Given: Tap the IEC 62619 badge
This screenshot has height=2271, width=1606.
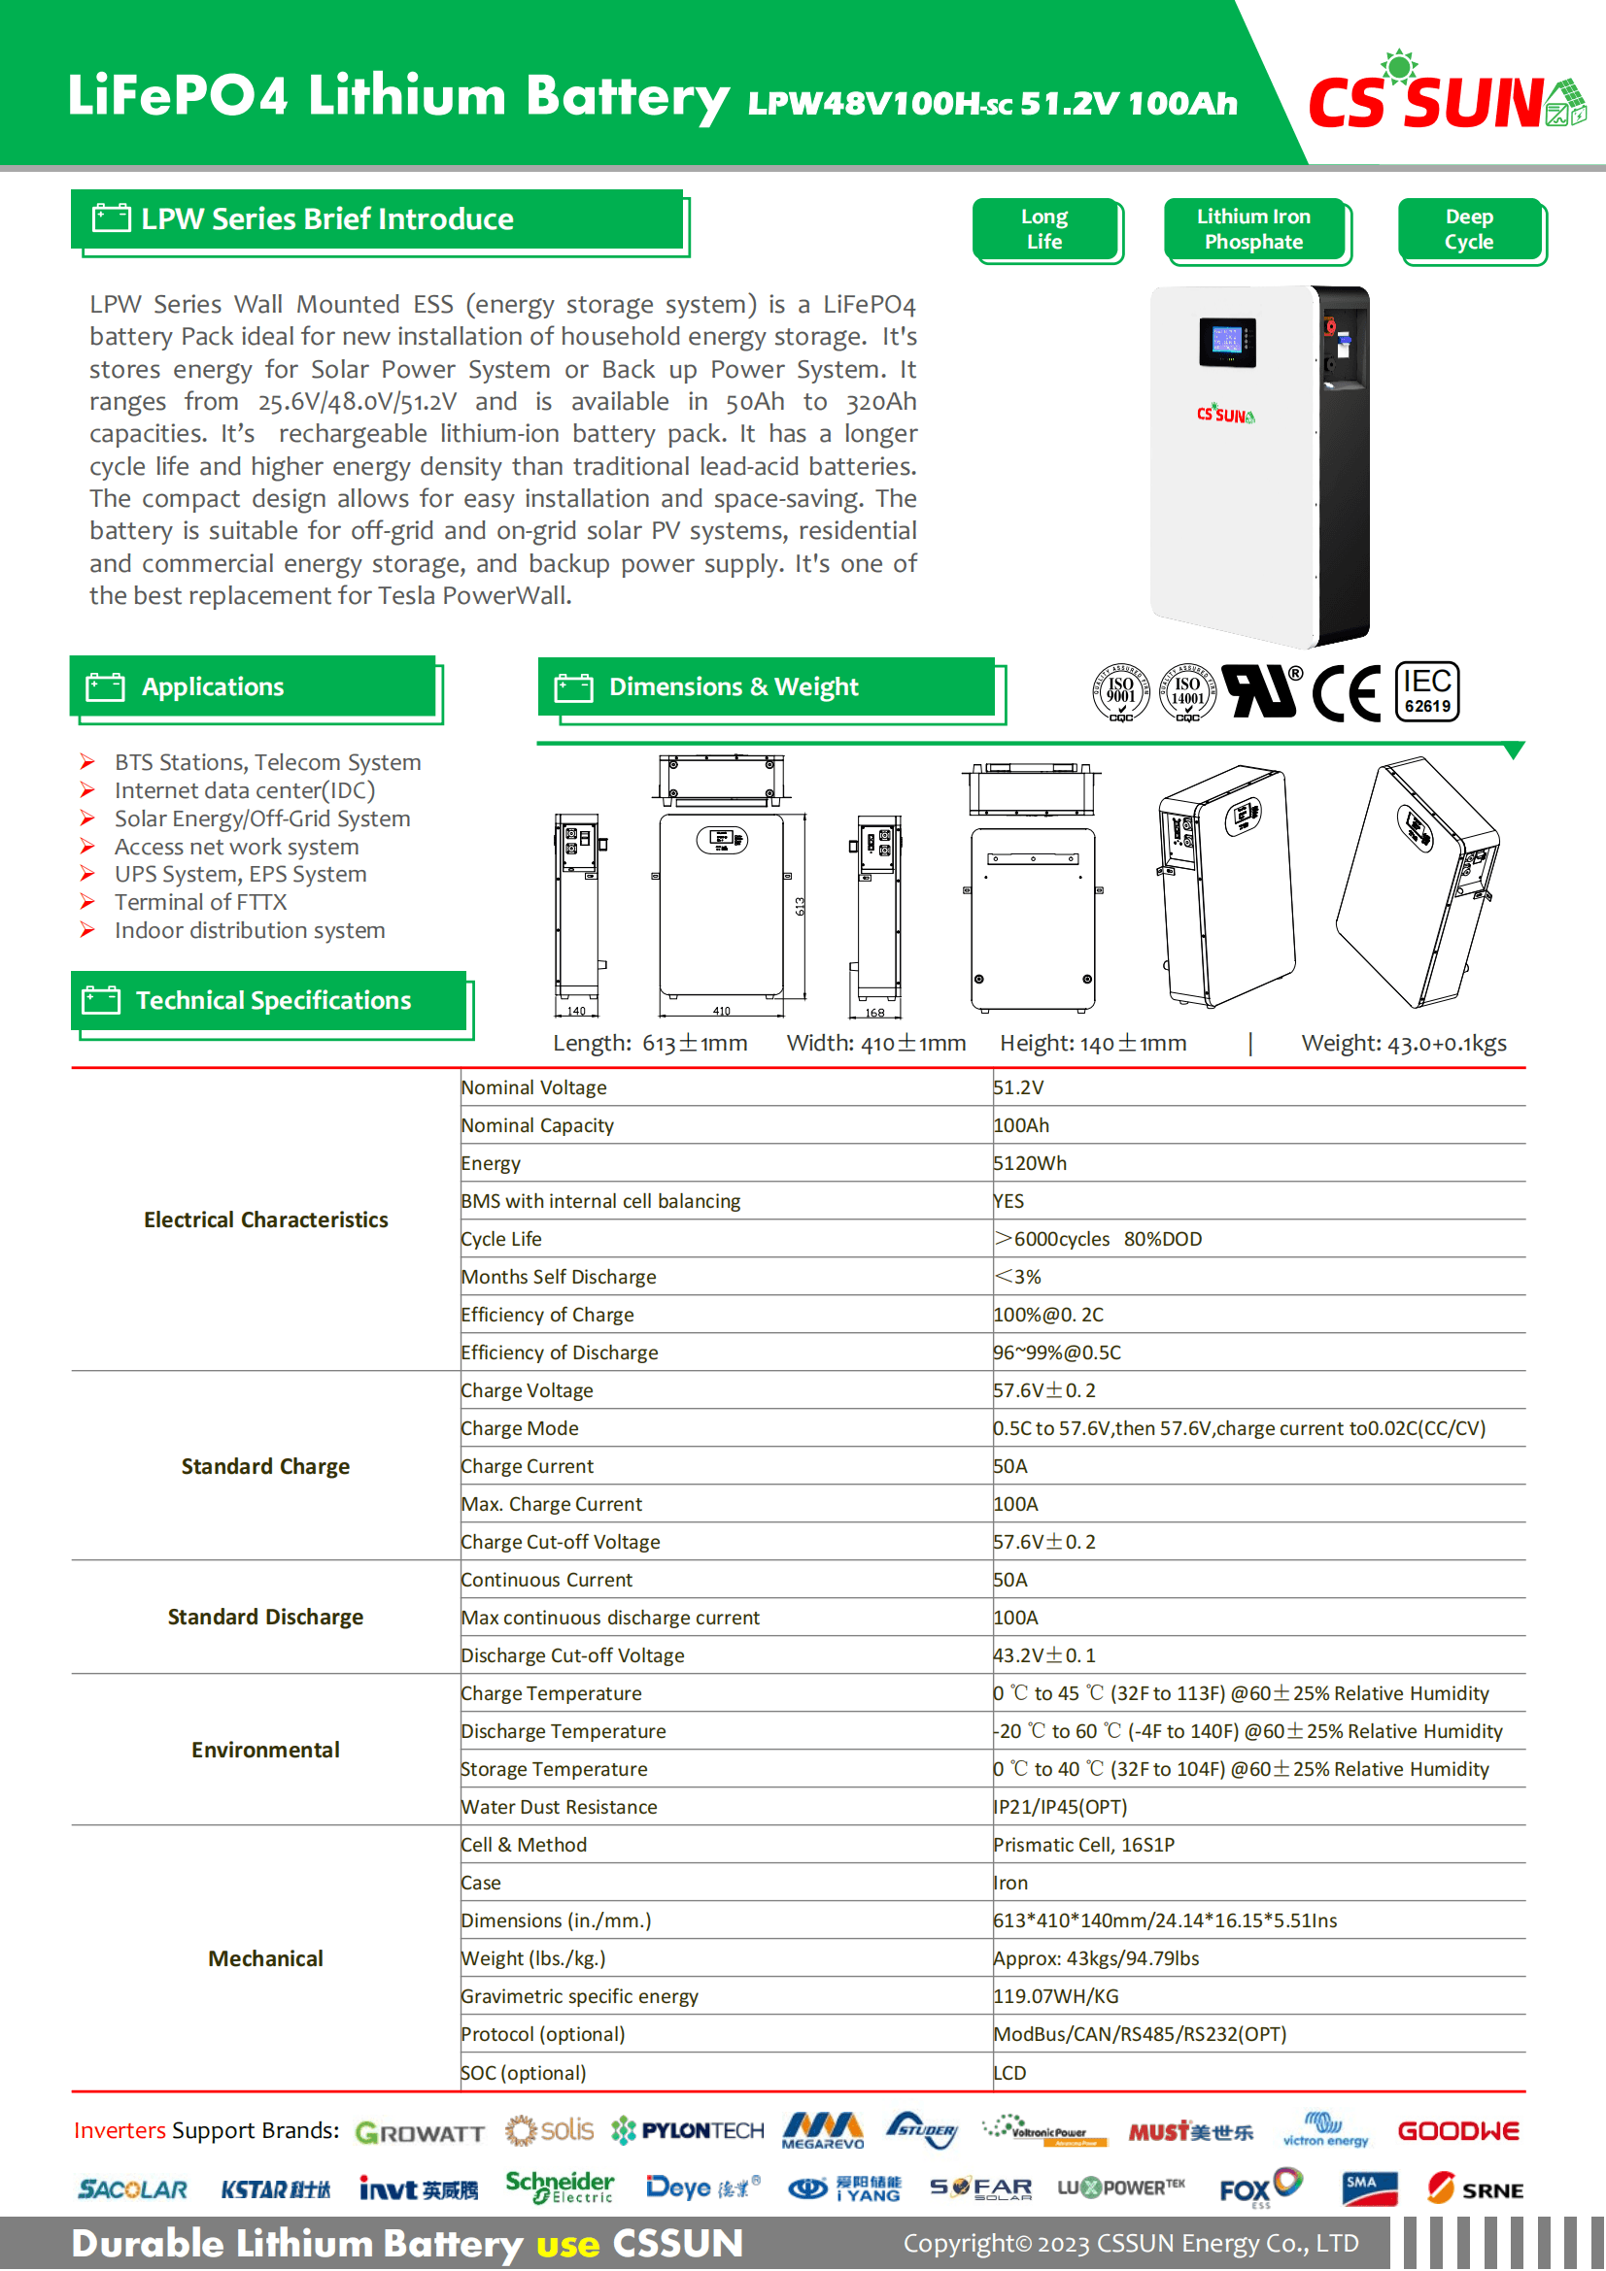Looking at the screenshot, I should (1427, 691).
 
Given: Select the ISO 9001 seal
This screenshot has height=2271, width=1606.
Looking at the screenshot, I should (1120, 691).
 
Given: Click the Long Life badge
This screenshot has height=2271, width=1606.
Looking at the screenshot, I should (1045, 229).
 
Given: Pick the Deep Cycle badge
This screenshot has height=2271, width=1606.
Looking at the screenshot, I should (1468, 229).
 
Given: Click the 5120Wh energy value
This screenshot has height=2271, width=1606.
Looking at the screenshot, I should (1030, 1163).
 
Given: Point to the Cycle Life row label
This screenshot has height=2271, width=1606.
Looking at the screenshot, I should (501, 1238).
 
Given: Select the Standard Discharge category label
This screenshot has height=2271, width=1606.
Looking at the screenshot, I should (265, 1617).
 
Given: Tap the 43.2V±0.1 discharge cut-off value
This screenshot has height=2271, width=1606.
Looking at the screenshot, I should (1045, 1654).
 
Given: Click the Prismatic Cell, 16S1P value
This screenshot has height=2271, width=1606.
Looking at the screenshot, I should (1083, 1845).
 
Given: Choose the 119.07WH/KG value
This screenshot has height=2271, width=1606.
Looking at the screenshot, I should (1056, 1996).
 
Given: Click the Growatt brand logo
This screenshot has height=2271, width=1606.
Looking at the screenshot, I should (420, 2132).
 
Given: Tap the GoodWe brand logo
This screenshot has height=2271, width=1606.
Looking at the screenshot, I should (1457, 2130).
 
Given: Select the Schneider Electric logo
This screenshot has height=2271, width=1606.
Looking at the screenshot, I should (559, 2187).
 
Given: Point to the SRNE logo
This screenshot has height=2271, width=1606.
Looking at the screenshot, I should (1475, 2188).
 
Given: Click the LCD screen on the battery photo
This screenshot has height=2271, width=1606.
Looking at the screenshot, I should (1227, 341).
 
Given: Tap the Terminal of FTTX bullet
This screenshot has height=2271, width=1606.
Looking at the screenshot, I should (200, 902).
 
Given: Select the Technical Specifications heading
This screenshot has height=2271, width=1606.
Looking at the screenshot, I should (273, 1000).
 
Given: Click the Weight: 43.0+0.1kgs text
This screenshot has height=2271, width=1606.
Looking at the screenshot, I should (1403, 1043).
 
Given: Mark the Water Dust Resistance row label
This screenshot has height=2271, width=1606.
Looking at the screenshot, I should (559, 1807).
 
